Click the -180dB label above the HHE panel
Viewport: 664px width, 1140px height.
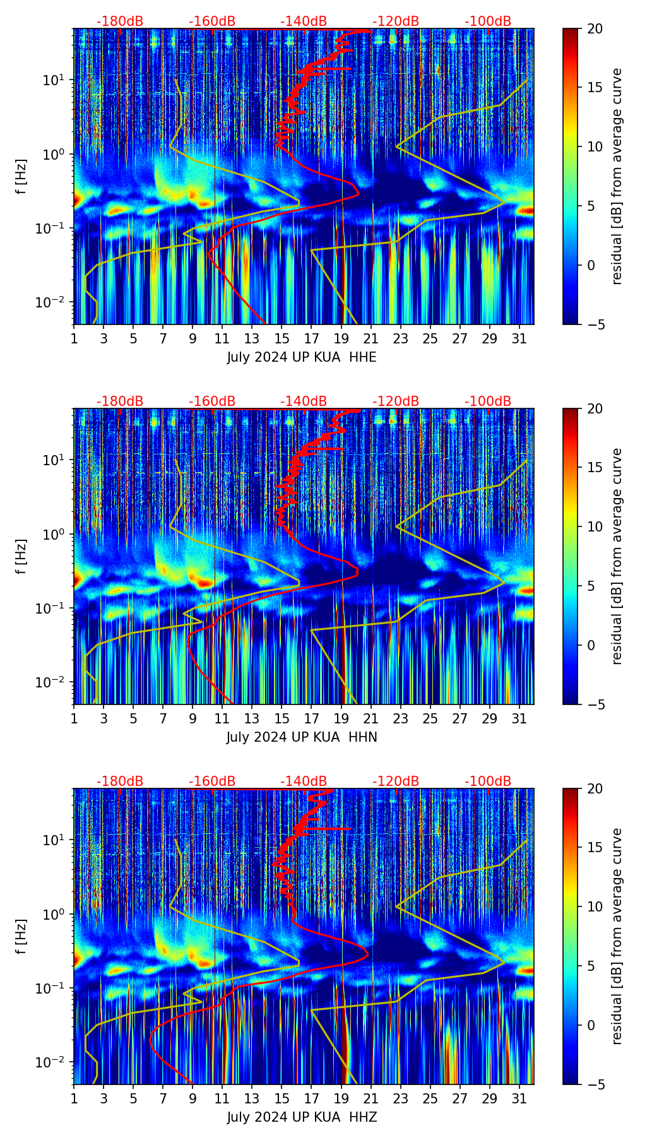coord(120,21)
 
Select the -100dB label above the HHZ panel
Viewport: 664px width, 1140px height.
coord(488,781)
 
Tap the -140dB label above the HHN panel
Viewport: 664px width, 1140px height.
coord(304,401)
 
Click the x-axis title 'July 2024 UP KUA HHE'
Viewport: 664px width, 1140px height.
coord(302,357)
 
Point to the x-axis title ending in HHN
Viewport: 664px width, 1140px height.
coord(302,737)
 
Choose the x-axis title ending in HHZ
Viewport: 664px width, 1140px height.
coord(302,1117)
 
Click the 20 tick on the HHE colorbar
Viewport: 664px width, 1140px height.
coord(595,28)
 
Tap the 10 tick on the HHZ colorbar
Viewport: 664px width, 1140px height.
coord(595,906)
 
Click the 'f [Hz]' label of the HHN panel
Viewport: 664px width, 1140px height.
coord(21,556)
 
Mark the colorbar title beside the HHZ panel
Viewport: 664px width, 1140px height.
coord(617,936)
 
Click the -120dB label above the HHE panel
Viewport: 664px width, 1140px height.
coord(396,21)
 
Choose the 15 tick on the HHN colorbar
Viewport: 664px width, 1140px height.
coord(595,467)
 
